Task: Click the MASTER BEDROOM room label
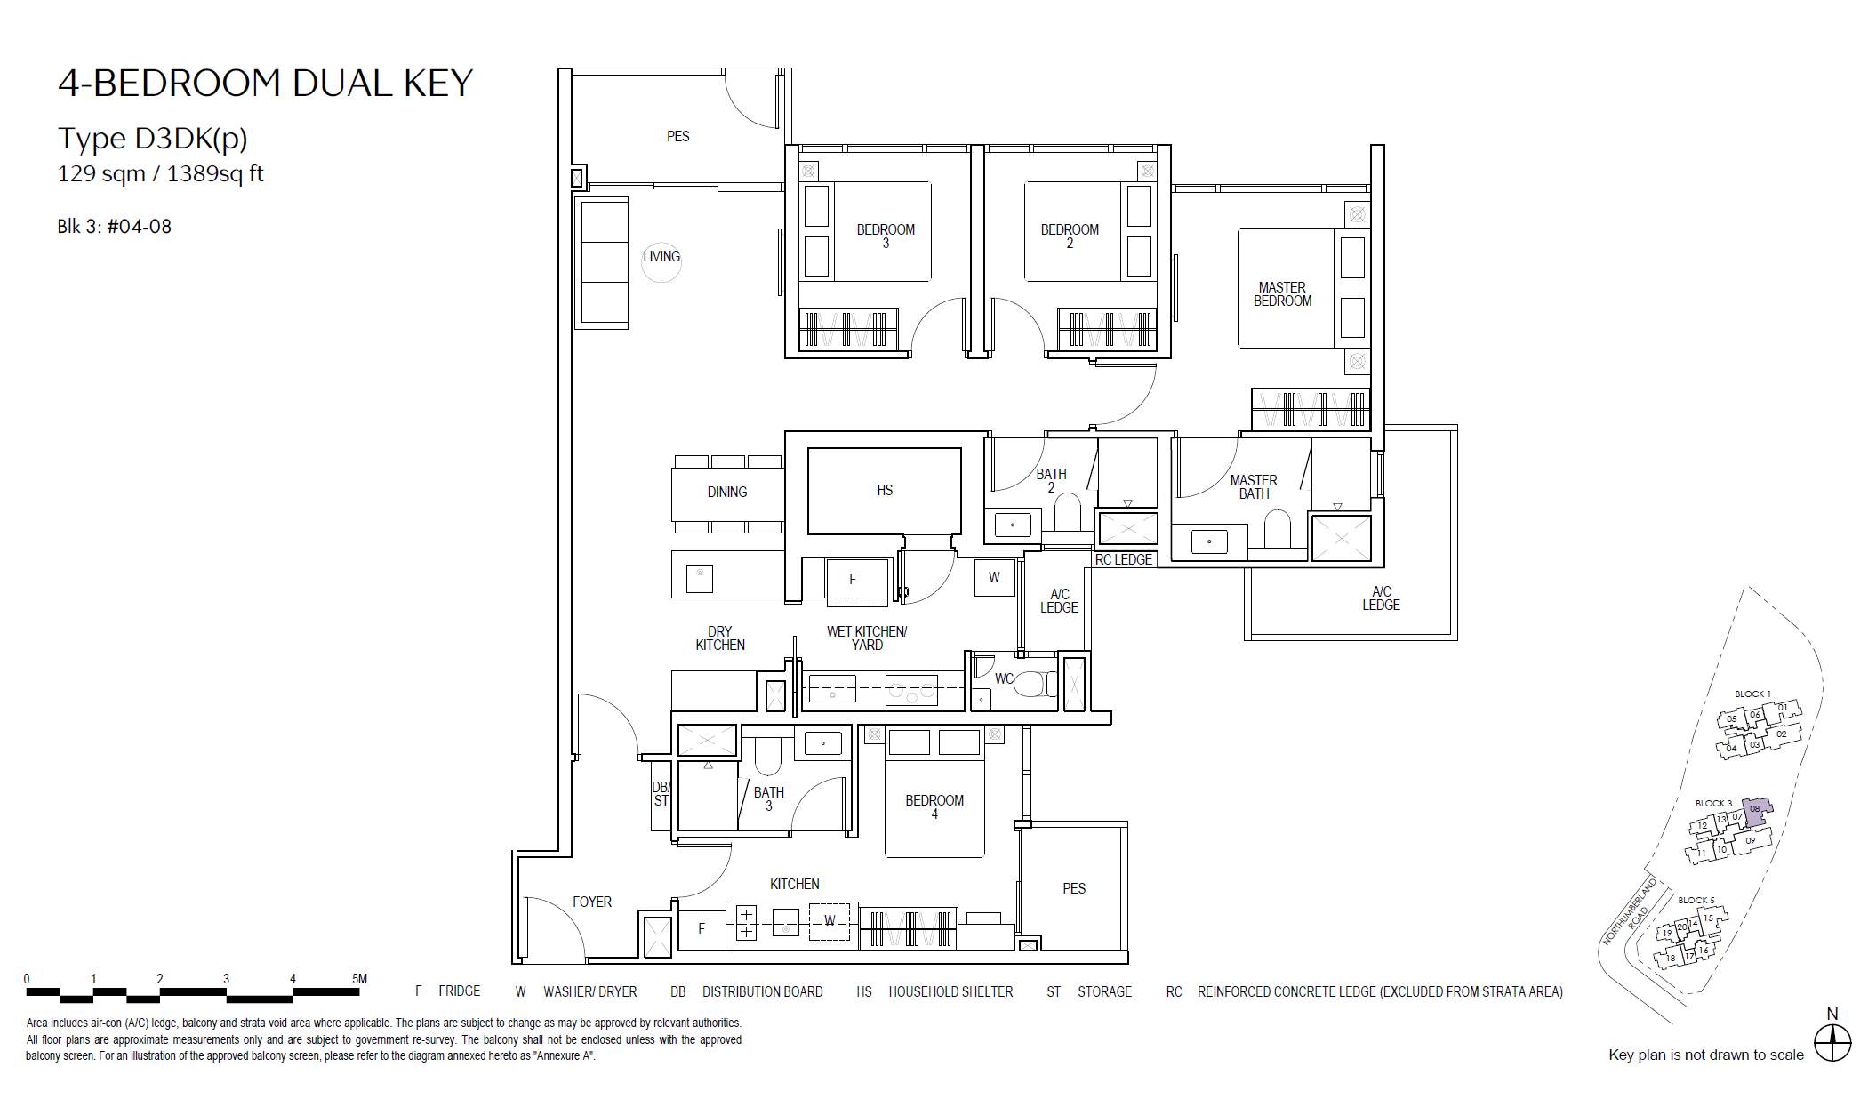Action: pyautogui.click(x=1282, y=294)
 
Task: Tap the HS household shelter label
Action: pyautogui.click(x=885, y=490)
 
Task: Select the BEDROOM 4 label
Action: pyautogui.click(x=934, y=806)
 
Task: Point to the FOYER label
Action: pyautogui.click(x=592, y=902)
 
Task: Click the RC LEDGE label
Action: pyautogui.click(x=1124, y=559)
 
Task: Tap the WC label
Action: pyautogui.click(x=1004, y=678)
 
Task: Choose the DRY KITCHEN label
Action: pyautogui.click(x=720, y=638)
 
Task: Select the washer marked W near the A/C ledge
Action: pyautogui.click(x=994, y=578)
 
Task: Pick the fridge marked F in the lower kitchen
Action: pyautogui.click(x=702, y=928)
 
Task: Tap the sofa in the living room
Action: pyautogui.click(x=604, y=262)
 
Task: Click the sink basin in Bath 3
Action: pyautogui.click(x=823, y=742)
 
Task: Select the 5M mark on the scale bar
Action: pyautogui.click(x=359, y=979)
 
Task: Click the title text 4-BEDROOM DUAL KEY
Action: pyautogui.click(x=266, y=83)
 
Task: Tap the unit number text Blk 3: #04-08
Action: pyautogui.click(x=115, y=227)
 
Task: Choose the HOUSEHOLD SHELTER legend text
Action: pyautogui.click(x=950, y=991)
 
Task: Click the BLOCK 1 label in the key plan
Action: pyautogui.click(x=1752, y=694)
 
